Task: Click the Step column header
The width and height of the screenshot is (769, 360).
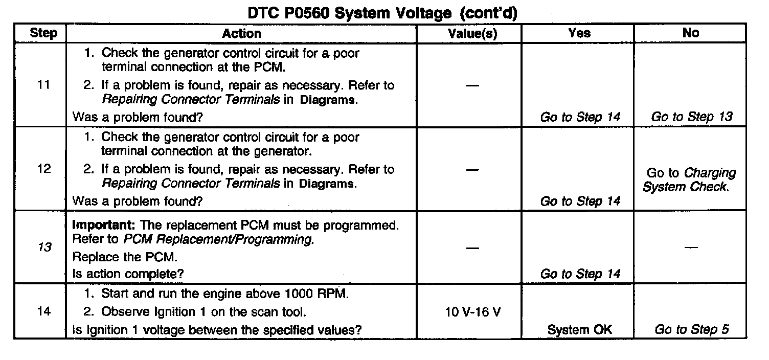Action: click(x=44, y=34)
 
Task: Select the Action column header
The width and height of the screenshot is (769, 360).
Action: click(x=241, y=34)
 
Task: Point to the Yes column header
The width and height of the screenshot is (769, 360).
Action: click(x=579, y=34)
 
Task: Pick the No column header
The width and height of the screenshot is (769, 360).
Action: click(x=690, y=34)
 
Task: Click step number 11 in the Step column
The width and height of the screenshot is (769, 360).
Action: click(x=44, y=85)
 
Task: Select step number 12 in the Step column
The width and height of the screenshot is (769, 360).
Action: click(x=44, y=169)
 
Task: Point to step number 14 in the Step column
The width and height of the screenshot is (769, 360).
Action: click(x=44, y=311)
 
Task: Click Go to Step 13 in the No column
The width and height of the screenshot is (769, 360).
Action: click(x=691, y=117)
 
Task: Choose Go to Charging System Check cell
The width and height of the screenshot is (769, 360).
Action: click(x=690, y=180)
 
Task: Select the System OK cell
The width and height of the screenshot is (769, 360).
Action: click(x=579, y=330)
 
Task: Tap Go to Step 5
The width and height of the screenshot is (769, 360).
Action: click(x=691, y=330)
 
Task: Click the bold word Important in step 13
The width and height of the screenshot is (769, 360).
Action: click(x=104, y=225)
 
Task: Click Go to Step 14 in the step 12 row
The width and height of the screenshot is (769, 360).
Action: click(x=580, y=201)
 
